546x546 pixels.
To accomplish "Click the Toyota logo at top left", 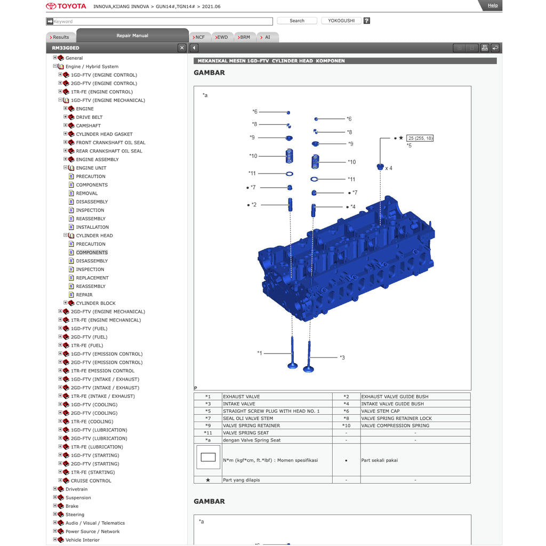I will point(66,6).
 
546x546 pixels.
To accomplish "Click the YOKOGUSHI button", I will point(341,21).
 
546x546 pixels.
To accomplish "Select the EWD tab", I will point(221,37).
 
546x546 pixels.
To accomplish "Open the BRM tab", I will point(244,37).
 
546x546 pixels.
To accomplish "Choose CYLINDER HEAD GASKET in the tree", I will point(104,134).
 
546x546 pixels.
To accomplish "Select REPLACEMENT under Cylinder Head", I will point(92,278).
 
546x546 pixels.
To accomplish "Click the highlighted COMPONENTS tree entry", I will point(92,253).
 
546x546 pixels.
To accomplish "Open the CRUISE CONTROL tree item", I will point(91,481).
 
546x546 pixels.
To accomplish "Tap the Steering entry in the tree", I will point(75,515).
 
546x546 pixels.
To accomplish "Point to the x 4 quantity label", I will point(389,168).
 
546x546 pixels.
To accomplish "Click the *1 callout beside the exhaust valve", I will point(260,353).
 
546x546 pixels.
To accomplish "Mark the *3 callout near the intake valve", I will point(342,357).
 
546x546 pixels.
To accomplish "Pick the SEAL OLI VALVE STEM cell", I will point(248,419).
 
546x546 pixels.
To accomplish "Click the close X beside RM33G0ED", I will point(182,48).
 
